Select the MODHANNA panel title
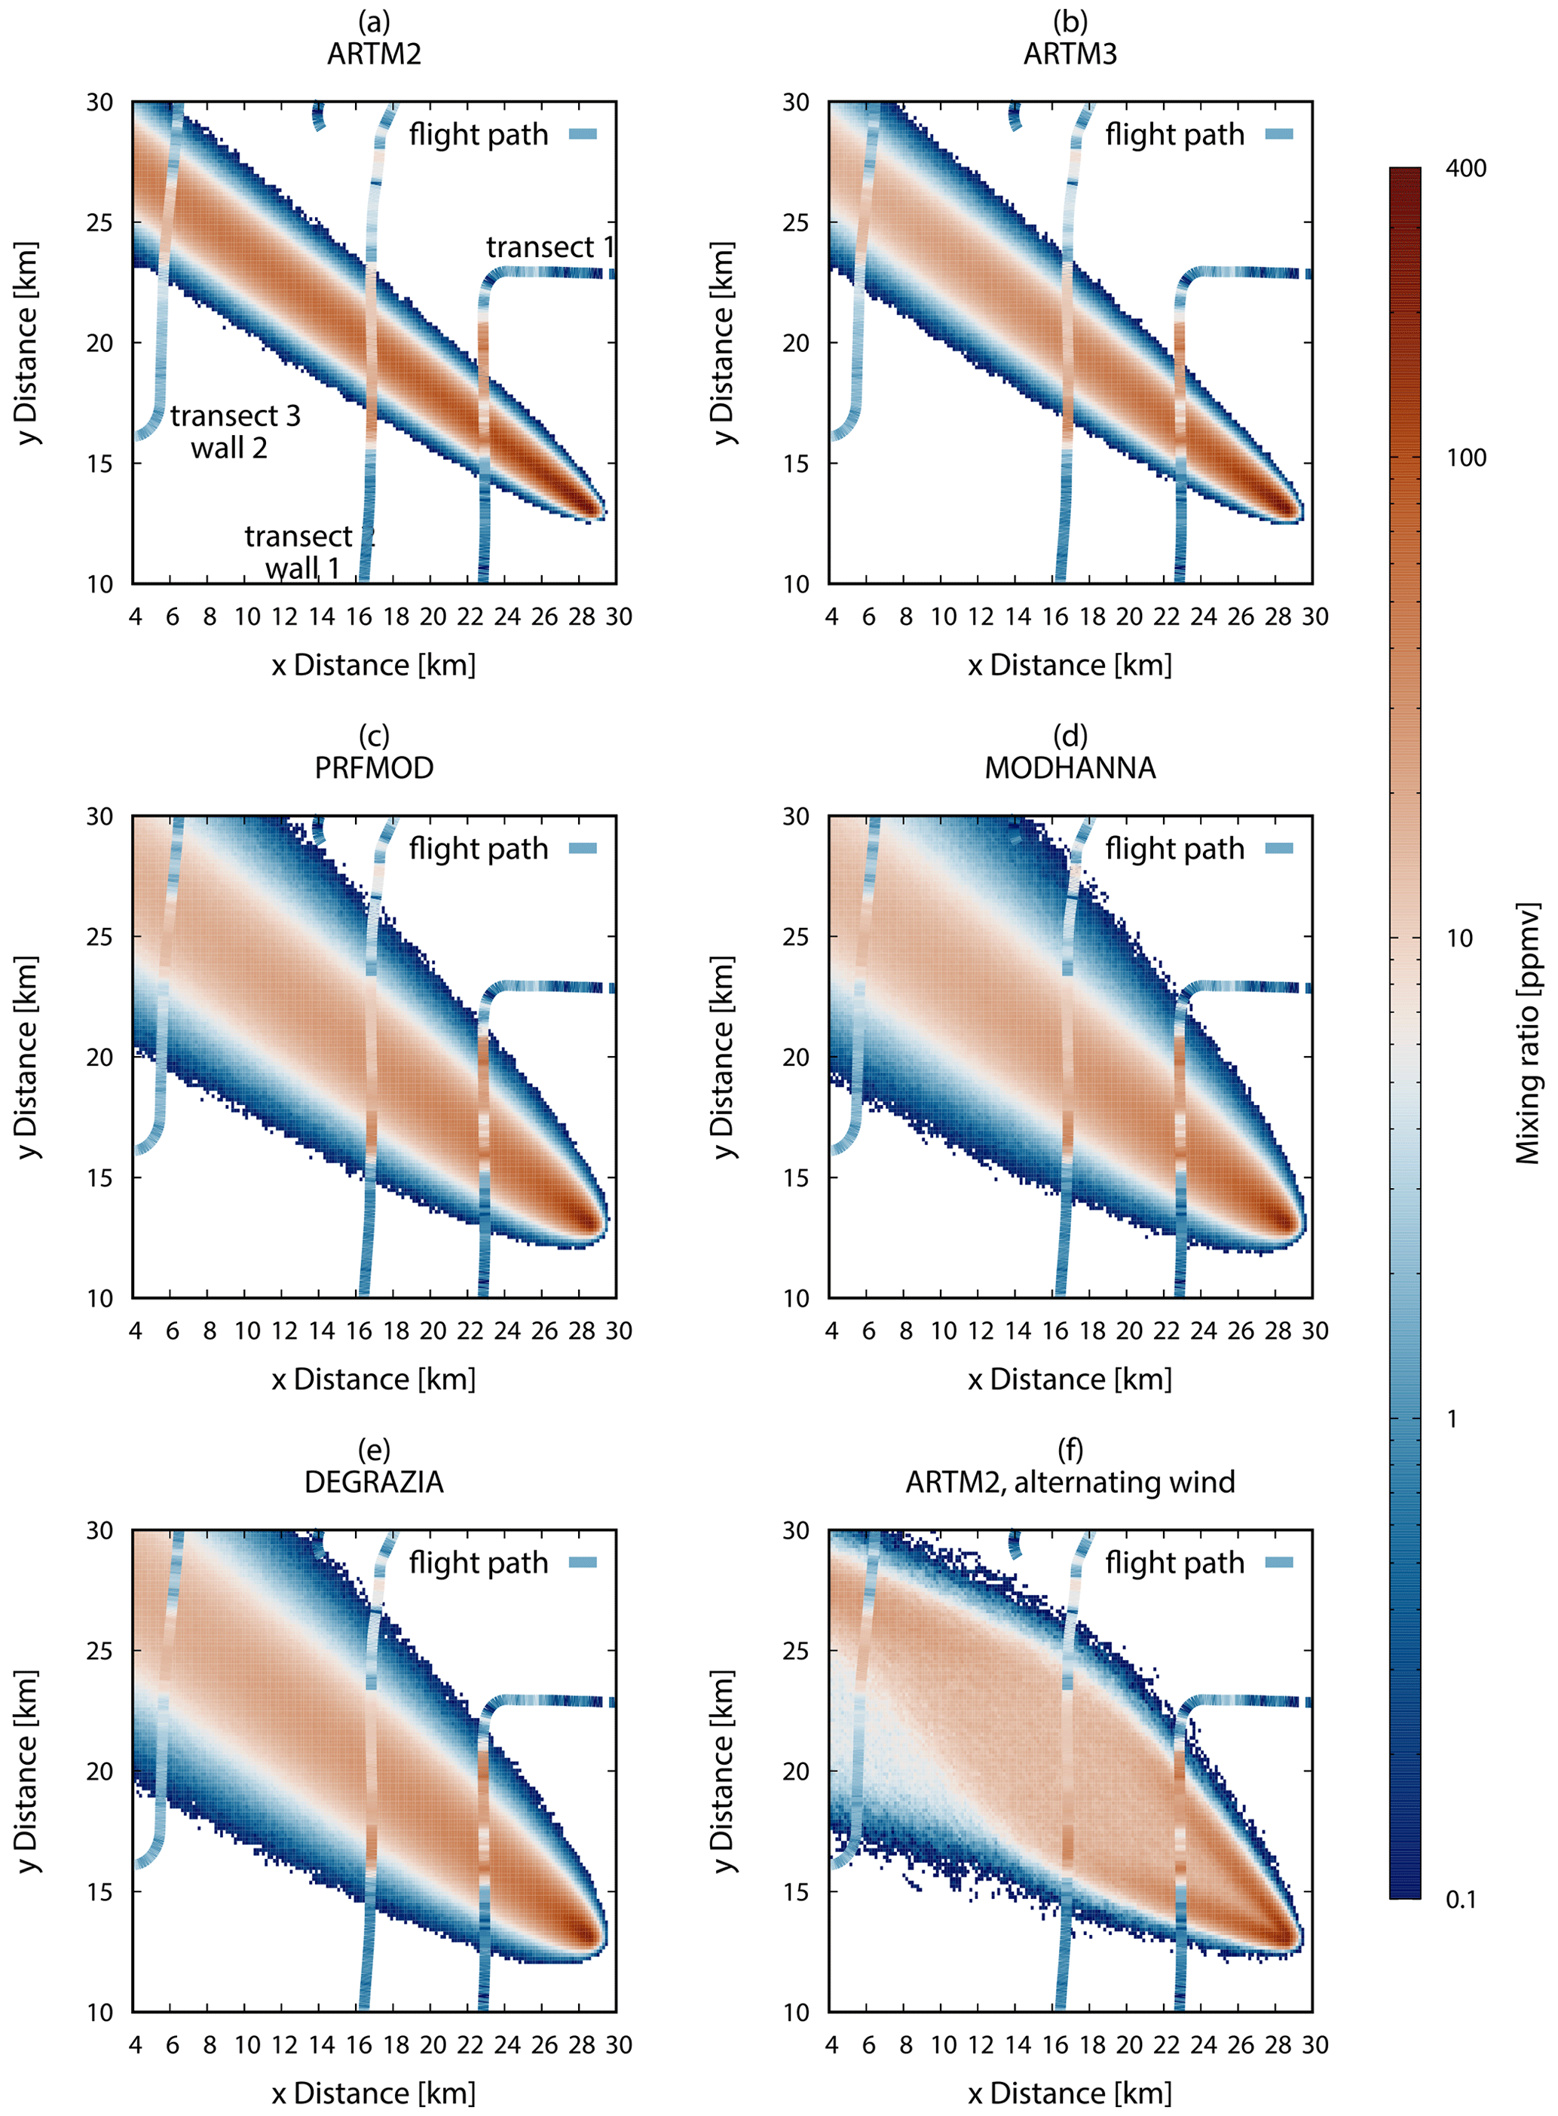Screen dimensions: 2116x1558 (x=1070, y=767)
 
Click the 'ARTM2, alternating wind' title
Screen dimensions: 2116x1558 (x=1070, y=1481)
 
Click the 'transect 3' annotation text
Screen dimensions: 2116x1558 (x=235, y=416)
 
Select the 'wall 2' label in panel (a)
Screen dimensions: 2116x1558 (x=229, y=447)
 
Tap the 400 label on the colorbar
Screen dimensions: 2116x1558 (x=1465, y=169)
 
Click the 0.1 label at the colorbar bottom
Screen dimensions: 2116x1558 (x=1461, y=1900)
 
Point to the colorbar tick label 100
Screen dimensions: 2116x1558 (x=1465, y=458)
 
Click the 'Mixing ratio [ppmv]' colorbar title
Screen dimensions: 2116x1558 (x=1527, y=1034)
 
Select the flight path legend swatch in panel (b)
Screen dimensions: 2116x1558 (x=1279, y=135)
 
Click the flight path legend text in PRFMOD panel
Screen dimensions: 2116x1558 (x=478, y=849)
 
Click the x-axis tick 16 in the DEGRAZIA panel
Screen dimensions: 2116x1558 (x=358, y=2044)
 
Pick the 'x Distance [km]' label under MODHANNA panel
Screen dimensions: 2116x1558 (x=1070, y=1379)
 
